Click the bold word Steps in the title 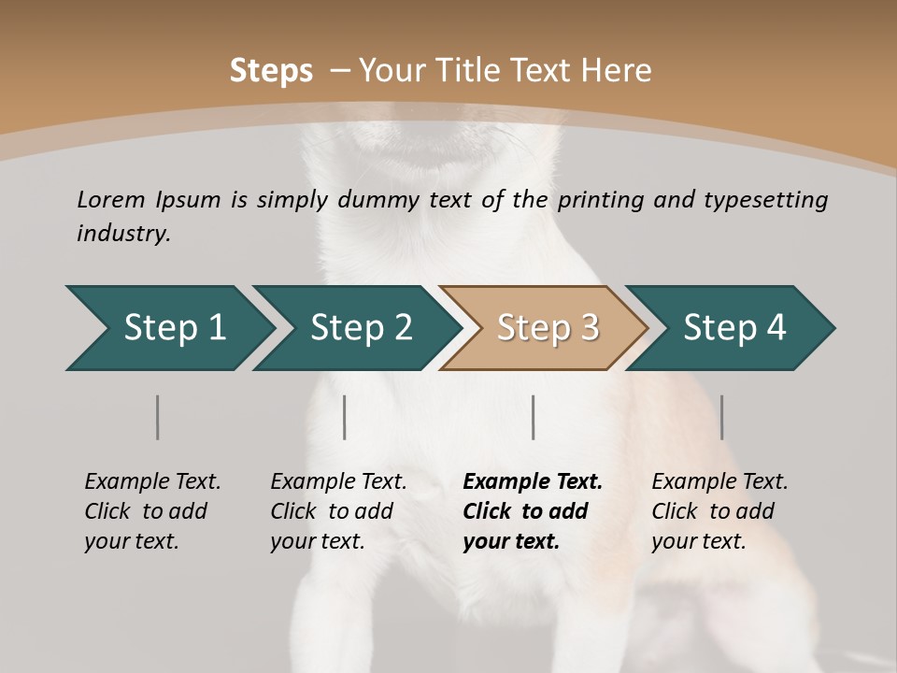click(271, 70)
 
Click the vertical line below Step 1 click(158, 417)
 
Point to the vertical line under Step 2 click(345, 417)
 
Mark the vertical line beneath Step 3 click(533, 417)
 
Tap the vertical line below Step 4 click(721, 417)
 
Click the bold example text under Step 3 click(532, 510)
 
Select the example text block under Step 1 click(152, 510)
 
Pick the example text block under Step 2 click(338, 510)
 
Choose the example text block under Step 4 click(719, 510)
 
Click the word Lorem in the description click(111, 199)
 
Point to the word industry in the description click(123, 233)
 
